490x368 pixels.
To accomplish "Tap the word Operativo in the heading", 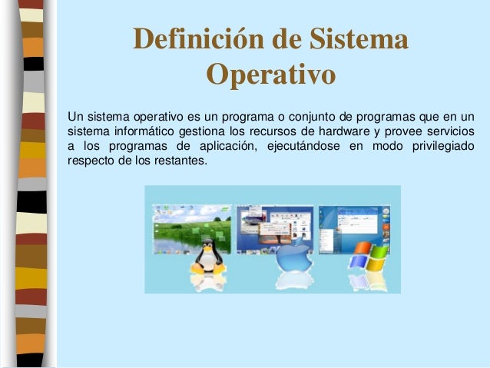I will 270,76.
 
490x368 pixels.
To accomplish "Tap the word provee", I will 405,131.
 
